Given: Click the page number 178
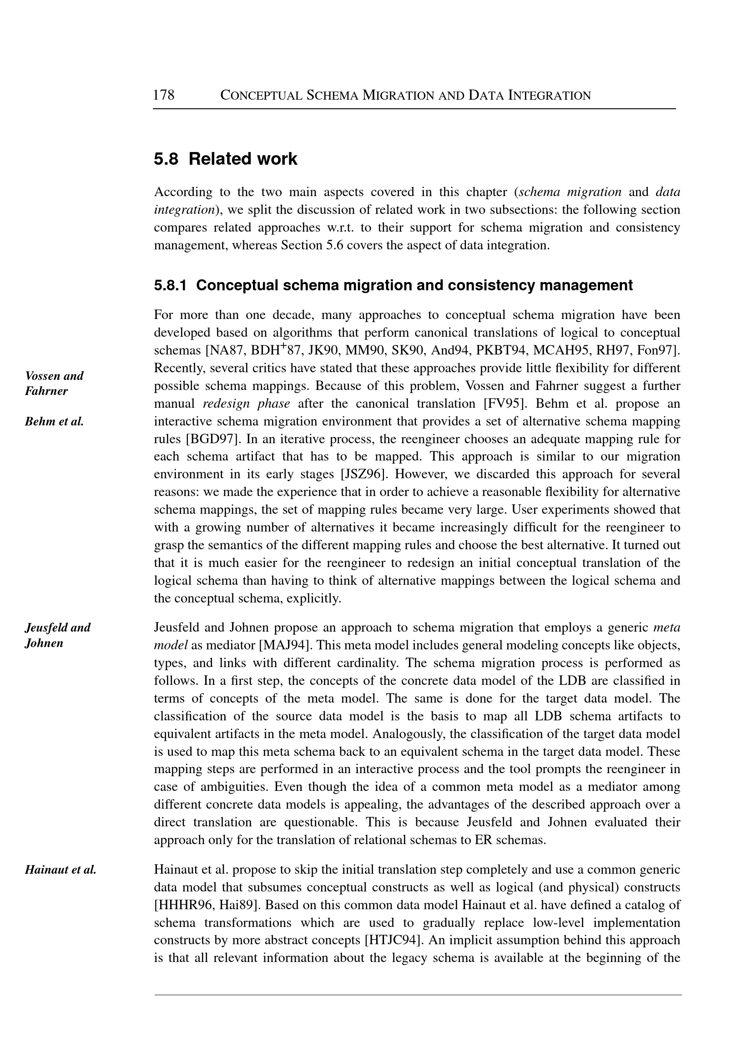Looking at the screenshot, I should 163,96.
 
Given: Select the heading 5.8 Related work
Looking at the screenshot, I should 226,159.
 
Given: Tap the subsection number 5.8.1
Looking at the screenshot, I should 170,285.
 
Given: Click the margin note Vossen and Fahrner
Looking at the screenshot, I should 54,383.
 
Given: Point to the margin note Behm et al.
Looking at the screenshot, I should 54,421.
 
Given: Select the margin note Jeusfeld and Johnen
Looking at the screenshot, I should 57,635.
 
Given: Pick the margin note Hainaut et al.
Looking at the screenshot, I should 60,870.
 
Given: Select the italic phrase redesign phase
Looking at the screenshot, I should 247,404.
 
